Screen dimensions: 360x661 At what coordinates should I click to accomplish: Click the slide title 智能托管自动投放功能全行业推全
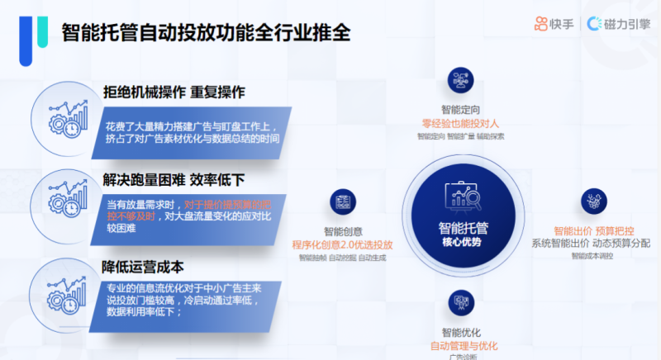(x=206, y=32)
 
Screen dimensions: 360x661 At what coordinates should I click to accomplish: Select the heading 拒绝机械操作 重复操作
(x=174, y=92)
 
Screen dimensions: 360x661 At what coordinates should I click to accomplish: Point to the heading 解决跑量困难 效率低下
(x=174, y=179)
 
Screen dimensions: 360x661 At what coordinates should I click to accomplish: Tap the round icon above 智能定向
(x=460, y=81)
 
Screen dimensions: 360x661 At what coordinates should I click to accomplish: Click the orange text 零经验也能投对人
(x=460, y=123)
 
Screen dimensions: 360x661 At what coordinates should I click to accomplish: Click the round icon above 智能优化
(x=460, y=302)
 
